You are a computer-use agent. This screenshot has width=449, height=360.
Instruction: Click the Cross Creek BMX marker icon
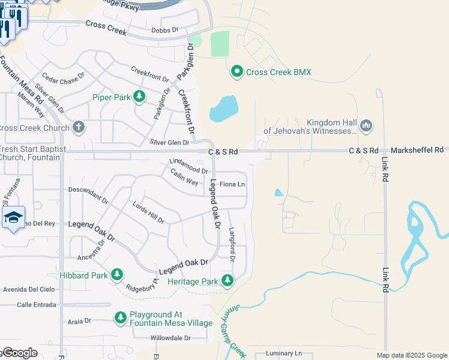point(237,72)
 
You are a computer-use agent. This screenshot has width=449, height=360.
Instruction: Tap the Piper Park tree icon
point(139,96)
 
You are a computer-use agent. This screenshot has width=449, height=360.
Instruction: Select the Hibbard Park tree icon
point(117,275)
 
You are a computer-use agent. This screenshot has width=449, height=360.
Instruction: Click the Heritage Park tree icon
point(227,280)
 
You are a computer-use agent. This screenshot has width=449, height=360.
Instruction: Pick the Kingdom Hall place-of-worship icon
point(366,126)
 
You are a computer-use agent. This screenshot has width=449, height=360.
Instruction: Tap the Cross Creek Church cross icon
point(78,127)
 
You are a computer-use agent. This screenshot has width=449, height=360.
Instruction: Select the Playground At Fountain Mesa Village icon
point(121,317)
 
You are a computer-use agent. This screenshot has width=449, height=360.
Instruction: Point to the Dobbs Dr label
point(165,29)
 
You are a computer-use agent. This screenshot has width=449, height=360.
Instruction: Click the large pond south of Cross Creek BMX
point(224,108)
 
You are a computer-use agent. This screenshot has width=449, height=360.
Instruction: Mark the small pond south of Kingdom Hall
point(279,193)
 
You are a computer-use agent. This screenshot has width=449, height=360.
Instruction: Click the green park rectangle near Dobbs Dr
point(220,43)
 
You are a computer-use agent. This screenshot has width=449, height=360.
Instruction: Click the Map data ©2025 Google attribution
point(412,355)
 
